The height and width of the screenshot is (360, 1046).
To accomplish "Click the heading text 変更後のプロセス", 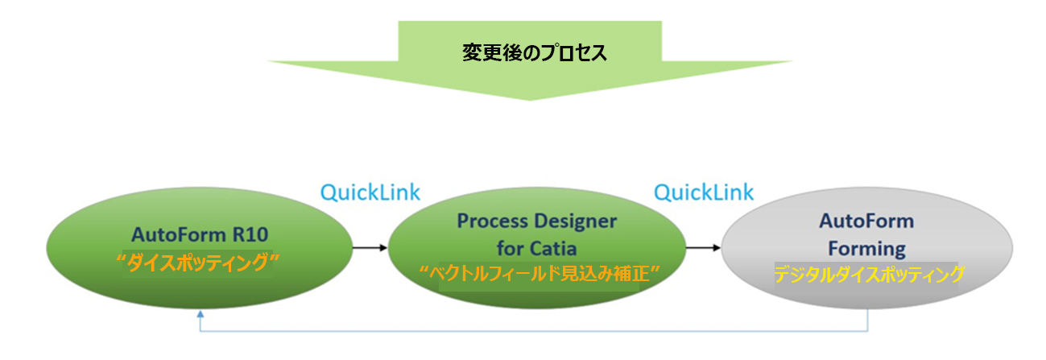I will [535, 53].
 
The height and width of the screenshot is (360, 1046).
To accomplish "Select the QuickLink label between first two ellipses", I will [370, 192].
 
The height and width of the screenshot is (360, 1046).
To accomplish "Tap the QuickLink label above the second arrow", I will [704, 192].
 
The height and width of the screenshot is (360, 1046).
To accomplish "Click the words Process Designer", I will [536, 221].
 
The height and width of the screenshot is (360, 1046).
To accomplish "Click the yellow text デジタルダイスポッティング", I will [868, 275].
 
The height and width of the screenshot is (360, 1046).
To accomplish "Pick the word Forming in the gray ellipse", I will [866, 248].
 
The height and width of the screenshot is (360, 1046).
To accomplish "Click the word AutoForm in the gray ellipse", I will [866, 221].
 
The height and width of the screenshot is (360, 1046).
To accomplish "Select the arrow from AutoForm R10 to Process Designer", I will [370, 248].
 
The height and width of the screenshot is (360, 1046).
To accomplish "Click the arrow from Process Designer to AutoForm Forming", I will [703, 248].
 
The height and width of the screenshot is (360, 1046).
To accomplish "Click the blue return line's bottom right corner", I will [868, 331].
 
